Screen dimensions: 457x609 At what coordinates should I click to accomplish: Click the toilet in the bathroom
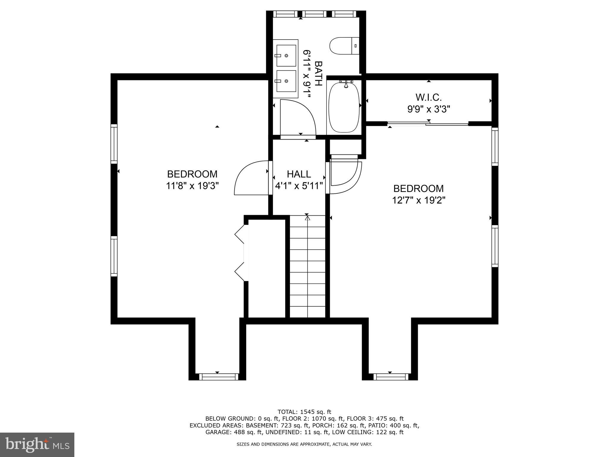[x=344, y=46]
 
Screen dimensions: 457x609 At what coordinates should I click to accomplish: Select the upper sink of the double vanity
[x=286, y=56]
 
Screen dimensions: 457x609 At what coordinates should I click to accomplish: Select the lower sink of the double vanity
[x=286, y=81]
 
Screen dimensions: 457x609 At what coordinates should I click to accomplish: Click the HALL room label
[x=299, y=174]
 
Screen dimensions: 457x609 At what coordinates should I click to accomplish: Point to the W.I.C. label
[x=429, y=97]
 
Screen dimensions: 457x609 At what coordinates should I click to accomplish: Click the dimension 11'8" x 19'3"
[x=192, y=186]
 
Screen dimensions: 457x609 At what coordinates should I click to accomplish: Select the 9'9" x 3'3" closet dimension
[x=429, y=109]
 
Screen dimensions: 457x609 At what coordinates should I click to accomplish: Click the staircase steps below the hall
[x=307, y=268]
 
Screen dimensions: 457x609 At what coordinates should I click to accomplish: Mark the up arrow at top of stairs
[x=307, y=218]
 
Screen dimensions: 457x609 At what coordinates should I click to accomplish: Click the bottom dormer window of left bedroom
[x=219, y=377]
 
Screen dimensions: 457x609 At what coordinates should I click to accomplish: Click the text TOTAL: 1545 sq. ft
[x=304, y=412]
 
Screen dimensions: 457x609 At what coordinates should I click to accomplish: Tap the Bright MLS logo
[x=37, y=445]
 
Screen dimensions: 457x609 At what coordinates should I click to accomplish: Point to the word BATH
[x=318, y=73]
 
